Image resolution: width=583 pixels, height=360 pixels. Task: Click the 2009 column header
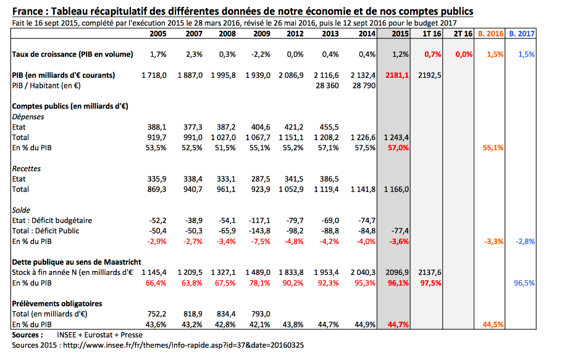click(262, 34)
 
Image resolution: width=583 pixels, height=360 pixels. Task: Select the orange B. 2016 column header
click(490, 34)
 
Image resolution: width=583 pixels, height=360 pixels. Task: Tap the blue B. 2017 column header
click(522, 34)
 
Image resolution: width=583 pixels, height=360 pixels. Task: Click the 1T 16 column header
click(432, 34)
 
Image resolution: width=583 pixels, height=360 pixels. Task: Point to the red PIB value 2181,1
click(396, 75)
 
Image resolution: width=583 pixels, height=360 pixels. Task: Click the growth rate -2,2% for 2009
click(260, 54)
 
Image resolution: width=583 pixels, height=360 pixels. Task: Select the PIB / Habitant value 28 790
click(364, 86)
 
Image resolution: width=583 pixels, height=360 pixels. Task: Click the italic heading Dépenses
click(28, 117)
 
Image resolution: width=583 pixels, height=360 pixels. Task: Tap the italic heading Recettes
click(27, 169)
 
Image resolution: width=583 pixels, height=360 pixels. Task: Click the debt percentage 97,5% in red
click(430, 283)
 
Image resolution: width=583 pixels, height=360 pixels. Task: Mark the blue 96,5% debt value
click(524, 283)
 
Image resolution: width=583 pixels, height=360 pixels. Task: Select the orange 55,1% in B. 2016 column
click(493, 148)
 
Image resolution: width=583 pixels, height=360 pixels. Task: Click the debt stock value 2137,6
click(429, 272)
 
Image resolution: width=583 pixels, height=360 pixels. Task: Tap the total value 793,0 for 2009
click(260, 314)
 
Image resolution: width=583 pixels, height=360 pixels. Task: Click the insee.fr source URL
click(183, 345)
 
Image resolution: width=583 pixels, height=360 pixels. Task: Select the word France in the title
click(28, 12)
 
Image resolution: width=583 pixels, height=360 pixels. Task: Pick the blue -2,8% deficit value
click(525, 241)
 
